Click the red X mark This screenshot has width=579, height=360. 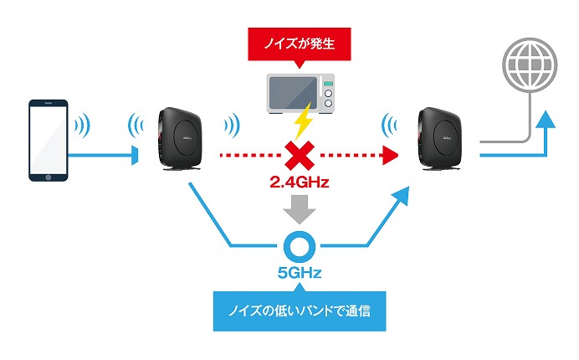[x=300, y=155]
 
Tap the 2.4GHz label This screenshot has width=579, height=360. [x=299, y=183]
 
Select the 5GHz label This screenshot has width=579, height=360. [x=300, y=273]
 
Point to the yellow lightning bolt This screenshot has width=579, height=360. [x=304, y=121]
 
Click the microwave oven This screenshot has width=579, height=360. [x=300, y=94]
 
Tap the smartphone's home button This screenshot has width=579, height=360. [x=49, y=177]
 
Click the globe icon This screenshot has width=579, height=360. [x=530, y=64]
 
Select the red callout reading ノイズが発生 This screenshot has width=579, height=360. [x=300, y=44]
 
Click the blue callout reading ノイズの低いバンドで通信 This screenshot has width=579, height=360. [x=300, y=311]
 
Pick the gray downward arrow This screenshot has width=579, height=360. [x=300, y=209]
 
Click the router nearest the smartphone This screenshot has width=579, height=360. [x=180, y=139]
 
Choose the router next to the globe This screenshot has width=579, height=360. [x=440, y=139]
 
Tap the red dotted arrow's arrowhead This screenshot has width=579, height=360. [x=390, y=155]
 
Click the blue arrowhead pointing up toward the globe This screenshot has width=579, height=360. [x=545, y=120]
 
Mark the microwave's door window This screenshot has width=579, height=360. [x=293, y=93]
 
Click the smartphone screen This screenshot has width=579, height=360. [x=49, y=140]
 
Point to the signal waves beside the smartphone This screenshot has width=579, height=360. [x=83, y=126]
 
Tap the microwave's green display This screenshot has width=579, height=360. [x=328, y=84]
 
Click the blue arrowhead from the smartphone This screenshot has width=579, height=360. [x=136, y=155]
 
